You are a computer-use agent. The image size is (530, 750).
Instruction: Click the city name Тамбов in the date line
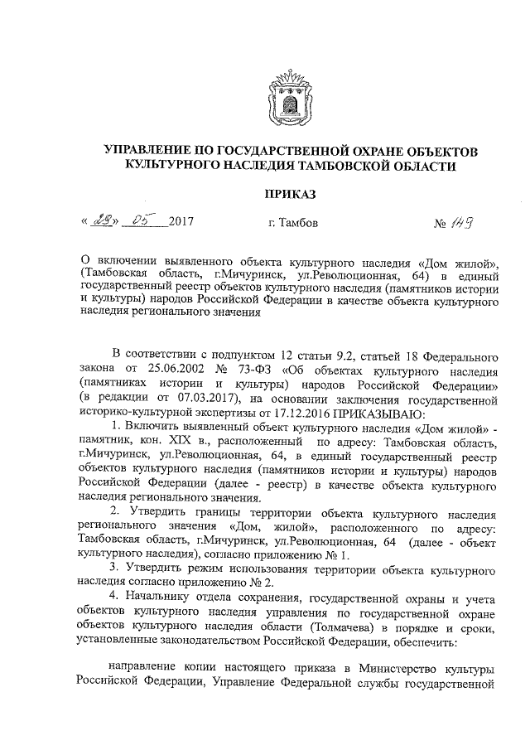pos(296,223)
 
